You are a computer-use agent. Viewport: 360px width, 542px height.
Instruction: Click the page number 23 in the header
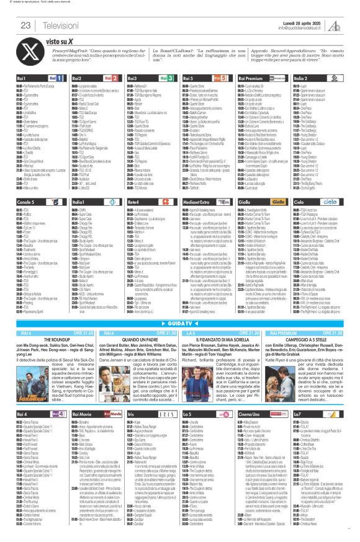25,25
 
